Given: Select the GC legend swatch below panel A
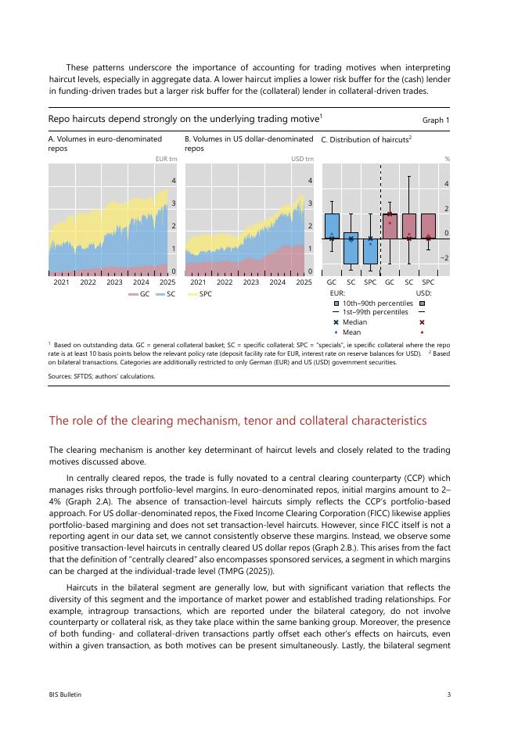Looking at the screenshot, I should pyautogui.click(x=135, y=294).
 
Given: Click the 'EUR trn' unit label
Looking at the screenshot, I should pyautogui.click(x=167, y=159).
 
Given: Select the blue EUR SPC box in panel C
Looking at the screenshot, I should pyautogui.click(x=370, y=239).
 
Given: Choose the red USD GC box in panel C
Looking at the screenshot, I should pyautogui.click(x=390, y=226).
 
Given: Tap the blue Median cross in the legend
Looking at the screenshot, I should pyautogui.click(x=336, y=322).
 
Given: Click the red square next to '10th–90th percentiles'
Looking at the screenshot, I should pyautogui.click(x=422, y=303).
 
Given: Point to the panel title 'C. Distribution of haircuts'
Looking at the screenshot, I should pyautogui.click(x=366, y=139).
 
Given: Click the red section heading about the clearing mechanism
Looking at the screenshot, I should pyautogui.click(x=238, y=421).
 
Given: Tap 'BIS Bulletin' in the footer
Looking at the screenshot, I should pyautogui.click(x=65, y=694).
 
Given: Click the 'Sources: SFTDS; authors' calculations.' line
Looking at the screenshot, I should pyautogui.click(x=102, y=376).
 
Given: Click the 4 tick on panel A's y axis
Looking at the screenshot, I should pyautogui.click(x=173, y=181).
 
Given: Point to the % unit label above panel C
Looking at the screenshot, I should pyautogui.click(x=447, y=159).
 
